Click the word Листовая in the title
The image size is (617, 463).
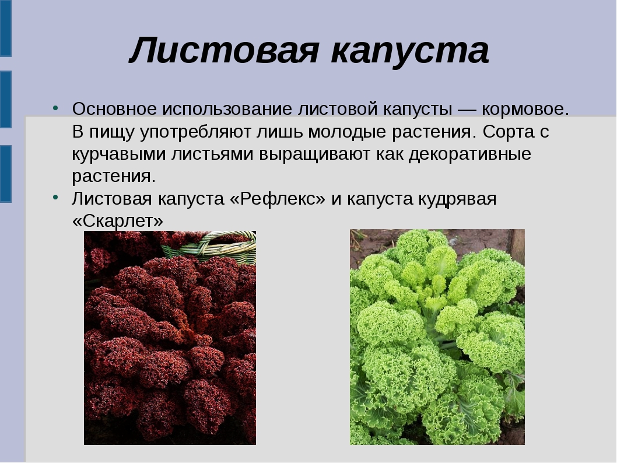[224, 50]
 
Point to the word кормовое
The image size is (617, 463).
[525, 109]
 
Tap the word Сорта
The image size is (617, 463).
[508, 132]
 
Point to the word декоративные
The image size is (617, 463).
[470, 154]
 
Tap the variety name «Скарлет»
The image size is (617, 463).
[117, 221]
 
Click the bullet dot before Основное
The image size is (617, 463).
[55, 107]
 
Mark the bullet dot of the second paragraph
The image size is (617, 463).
[55, 197]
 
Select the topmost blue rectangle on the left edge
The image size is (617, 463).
[5, 28]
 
